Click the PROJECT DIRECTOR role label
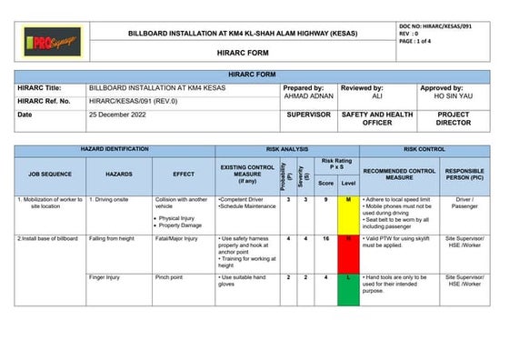tap(453, 120)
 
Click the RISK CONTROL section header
tap(424, 148)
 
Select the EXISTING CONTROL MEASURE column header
tap(246, 172)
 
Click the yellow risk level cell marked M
tap(348, 199)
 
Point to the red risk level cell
tap(348, 238)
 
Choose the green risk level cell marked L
tap(348, 276)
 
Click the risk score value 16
tap(326, 238)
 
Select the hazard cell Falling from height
tap(112, 238)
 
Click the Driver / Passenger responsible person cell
tap(464, 203)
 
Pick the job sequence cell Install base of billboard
tap(47, 238)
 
